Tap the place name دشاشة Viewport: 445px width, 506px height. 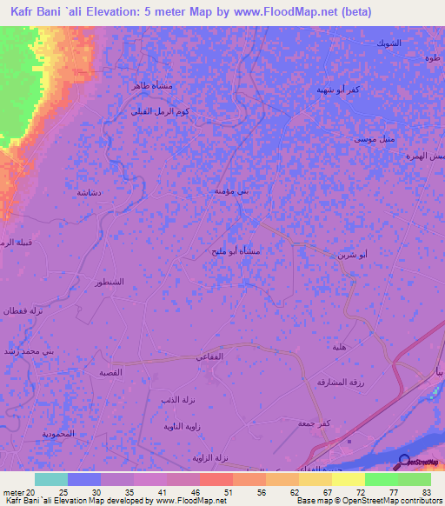coord(90,192)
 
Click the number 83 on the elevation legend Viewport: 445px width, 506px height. coord(425,491)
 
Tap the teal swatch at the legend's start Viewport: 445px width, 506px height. coord(51,478)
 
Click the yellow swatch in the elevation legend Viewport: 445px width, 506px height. coord(348,478)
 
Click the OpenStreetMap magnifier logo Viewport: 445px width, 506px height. coord(402,461)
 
